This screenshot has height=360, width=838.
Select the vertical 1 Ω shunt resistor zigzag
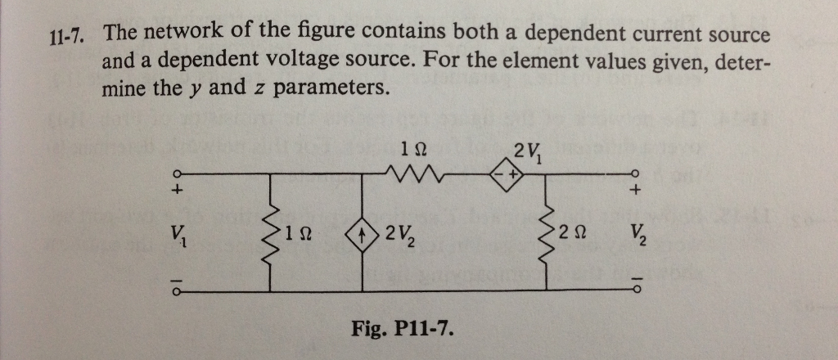pyautogui.click(x=271, y=237)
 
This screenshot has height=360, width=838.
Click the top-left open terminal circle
pyautogui.click(x=173, y=173)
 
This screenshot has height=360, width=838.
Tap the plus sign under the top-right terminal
pyautogui.click(x=635, y=192)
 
